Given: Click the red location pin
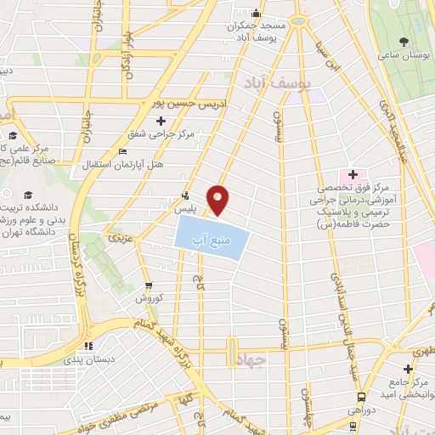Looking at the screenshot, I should pyautogui.click(x=219, y=200).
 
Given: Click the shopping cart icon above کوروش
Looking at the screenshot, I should pyautogui.click(x=150, y=285).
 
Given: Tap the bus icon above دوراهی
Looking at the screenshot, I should pyautogui.click(x=363, y=396).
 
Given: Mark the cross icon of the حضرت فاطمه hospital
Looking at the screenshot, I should pyautogui.click(x=352, y=174).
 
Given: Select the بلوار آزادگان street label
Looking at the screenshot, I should pyautogui.click(x=127, y=56).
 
